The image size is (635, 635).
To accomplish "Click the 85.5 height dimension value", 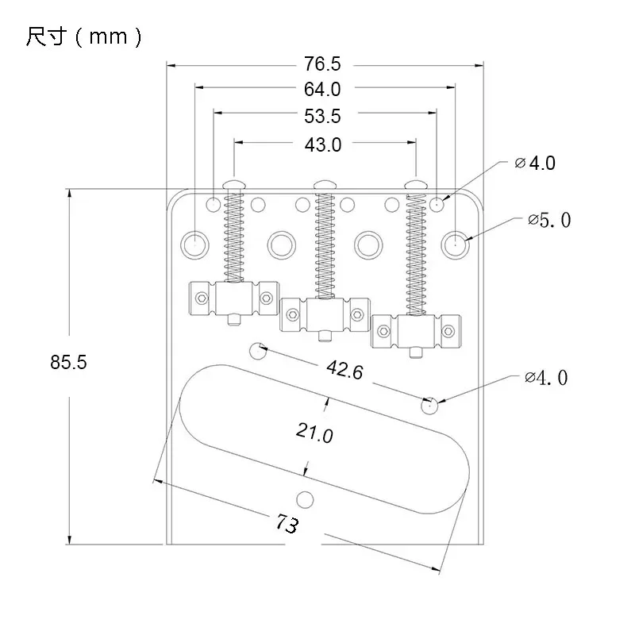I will coord(68,363).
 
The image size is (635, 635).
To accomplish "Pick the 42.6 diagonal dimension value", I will coord(344,369).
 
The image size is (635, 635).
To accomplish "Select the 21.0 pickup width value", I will coord(314,433).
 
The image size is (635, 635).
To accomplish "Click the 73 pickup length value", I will coord(287,524).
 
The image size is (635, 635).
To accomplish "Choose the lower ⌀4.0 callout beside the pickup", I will coord(546,378).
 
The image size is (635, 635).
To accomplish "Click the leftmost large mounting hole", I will coord(194,244).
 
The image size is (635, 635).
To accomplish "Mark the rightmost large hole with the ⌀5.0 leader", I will coord(455,244).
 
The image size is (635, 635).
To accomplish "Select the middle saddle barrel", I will coord(325,315).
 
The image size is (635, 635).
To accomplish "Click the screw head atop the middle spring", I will coord(324,185).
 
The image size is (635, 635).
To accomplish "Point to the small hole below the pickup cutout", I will coord(305,499).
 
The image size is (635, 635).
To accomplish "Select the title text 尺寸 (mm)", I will coord(83,37).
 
